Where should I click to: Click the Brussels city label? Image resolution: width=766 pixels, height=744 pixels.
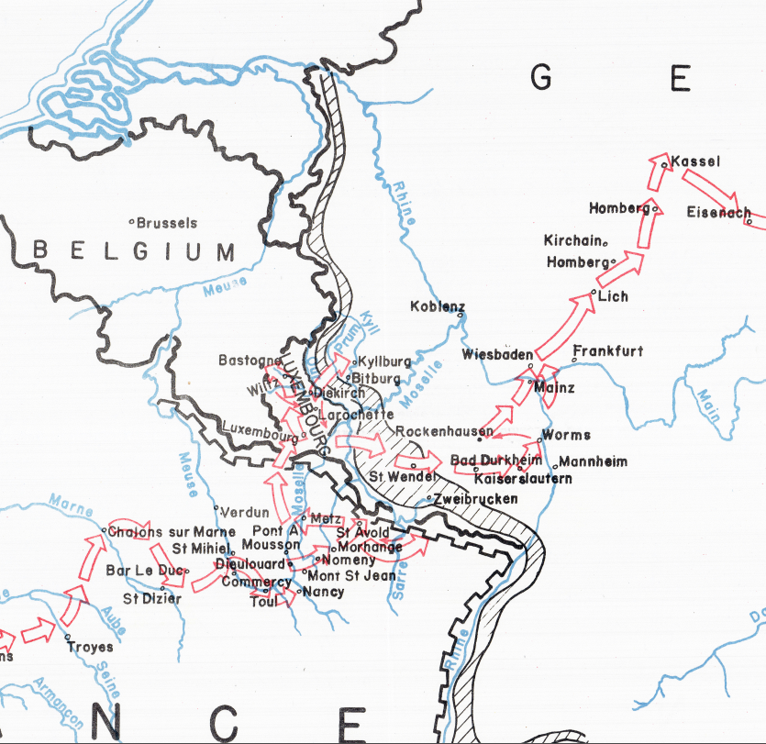(167, 223)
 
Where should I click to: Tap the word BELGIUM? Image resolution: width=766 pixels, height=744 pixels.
(134, 250)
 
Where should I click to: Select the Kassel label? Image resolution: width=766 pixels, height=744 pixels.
(695, 162)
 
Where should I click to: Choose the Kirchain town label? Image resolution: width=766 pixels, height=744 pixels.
(572, 240)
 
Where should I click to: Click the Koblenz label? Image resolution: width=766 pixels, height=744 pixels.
(438, 306)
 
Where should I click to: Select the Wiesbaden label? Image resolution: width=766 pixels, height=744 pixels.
(497, 355)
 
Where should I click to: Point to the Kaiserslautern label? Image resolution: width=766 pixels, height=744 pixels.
(523, 479)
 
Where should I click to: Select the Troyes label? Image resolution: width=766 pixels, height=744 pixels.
(90, 647)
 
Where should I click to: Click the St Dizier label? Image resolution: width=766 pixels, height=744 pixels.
(152, 599)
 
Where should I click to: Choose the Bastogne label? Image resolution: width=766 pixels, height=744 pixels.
(246, 361)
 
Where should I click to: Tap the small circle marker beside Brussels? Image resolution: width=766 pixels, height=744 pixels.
(132, 222)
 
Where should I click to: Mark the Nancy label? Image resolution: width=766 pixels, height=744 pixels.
(326, 592)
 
